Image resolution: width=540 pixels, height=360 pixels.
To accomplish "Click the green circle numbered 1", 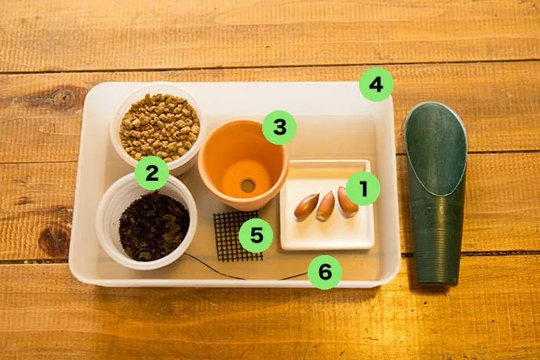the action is point(363,189).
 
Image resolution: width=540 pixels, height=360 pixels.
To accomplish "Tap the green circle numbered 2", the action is point(152,173).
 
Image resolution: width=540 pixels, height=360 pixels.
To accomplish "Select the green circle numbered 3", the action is point(279,127).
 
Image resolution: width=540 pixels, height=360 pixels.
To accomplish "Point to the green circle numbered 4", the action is point(376,85).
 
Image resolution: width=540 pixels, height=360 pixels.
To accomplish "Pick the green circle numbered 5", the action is point(256,236).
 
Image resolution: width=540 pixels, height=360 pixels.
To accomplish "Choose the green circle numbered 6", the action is point(325,272).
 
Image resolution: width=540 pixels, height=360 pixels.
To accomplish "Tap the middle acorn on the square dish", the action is point(325,206).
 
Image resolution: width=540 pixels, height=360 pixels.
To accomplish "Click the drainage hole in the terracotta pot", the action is point(247,185).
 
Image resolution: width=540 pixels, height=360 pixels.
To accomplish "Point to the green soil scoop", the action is point(436,193).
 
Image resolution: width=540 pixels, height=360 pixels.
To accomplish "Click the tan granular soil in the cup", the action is point(160,127).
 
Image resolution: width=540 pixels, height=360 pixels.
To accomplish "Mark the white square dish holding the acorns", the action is point(326,205).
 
